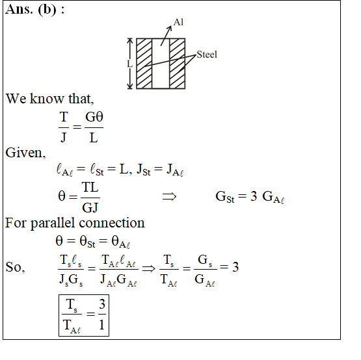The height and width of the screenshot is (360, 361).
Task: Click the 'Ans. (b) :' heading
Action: (34, 10)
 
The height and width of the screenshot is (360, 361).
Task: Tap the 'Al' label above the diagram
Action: (178, 22)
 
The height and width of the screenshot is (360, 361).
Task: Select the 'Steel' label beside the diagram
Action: (207, 55)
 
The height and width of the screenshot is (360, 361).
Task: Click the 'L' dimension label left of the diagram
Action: (130, 64)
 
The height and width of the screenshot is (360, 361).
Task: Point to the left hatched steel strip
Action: (144, 64)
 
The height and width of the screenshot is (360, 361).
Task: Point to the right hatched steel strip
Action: (178, 64)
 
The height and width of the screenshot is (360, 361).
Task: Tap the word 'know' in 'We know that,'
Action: (47, 99)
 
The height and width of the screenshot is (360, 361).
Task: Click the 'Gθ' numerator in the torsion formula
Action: (94, 117)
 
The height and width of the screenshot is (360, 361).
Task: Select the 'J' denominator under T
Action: (64, 138)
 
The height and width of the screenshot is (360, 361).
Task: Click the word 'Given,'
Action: (25, 153)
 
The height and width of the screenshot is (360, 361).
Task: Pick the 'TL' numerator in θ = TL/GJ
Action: (90, 187)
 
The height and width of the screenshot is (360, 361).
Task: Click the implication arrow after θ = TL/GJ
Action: (169, 197)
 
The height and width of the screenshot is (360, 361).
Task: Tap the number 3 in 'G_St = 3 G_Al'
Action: (254, 196)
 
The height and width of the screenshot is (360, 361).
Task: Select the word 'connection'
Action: (112, 223)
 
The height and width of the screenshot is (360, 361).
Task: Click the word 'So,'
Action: (15, 267)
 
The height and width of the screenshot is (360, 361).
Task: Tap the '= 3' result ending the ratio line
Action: (229, 267)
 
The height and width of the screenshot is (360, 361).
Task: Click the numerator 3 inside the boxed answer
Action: (102, 304)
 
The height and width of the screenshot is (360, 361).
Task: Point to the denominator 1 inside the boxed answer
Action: (101, 325)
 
